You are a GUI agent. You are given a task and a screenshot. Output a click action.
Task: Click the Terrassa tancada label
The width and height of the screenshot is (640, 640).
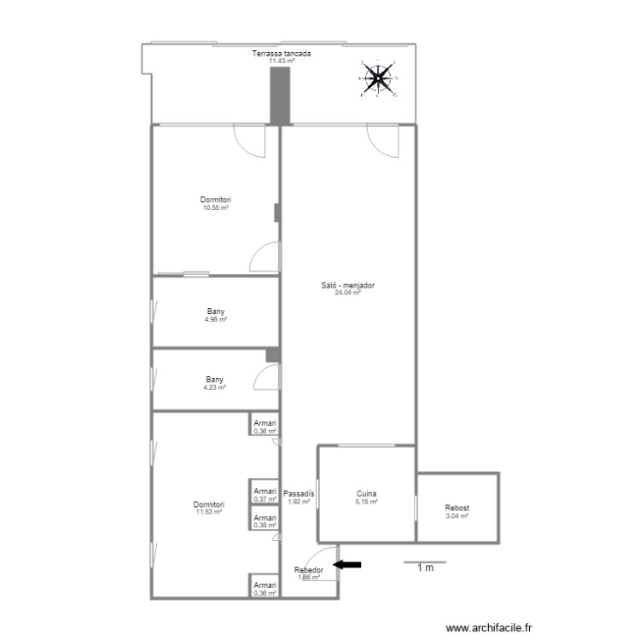point(282,54)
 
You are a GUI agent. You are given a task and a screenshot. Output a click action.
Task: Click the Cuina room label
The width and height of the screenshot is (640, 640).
point(367,494)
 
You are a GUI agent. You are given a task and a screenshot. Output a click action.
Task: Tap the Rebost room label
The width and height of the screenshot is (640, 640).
point(457,509)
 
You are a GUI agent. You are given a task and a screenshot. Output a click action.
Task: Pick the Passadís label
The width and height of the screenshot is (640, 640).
point(299,494)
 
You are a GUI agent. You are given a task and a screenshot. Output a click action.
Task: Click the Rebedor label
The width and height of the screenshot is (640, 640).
point(308,570)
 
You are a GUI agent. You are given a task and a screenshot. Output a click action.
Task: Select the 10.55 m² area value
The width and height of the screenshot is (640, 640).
point(216,207)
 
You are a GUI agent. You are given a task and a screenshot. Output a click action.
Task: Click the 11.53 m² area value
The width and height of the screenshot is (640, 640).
point(209,512)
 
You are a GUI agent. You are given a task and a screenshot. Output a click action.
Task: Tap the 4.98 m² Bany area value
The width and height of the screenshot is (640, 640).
point(216,319)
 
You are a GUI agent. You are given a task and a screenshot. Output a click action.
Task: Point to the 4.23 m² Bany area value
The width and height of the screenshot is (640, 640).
point(214,387)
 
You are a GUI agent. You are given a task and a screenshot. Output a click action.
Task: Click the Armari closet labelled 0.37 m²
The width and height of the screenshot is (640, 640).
point(265,495)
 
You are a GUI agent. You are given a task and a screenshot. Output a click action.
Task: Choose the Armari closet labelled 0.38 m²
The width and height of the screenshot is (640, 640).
point(265,521)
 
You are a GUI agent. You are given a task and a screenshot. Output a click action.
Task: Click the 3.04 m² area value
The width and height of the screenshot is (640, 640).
point(457,515)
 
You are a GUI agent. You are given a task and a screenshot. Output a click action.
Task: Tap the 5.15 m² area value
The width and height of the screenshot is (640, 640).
point(367,502)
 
